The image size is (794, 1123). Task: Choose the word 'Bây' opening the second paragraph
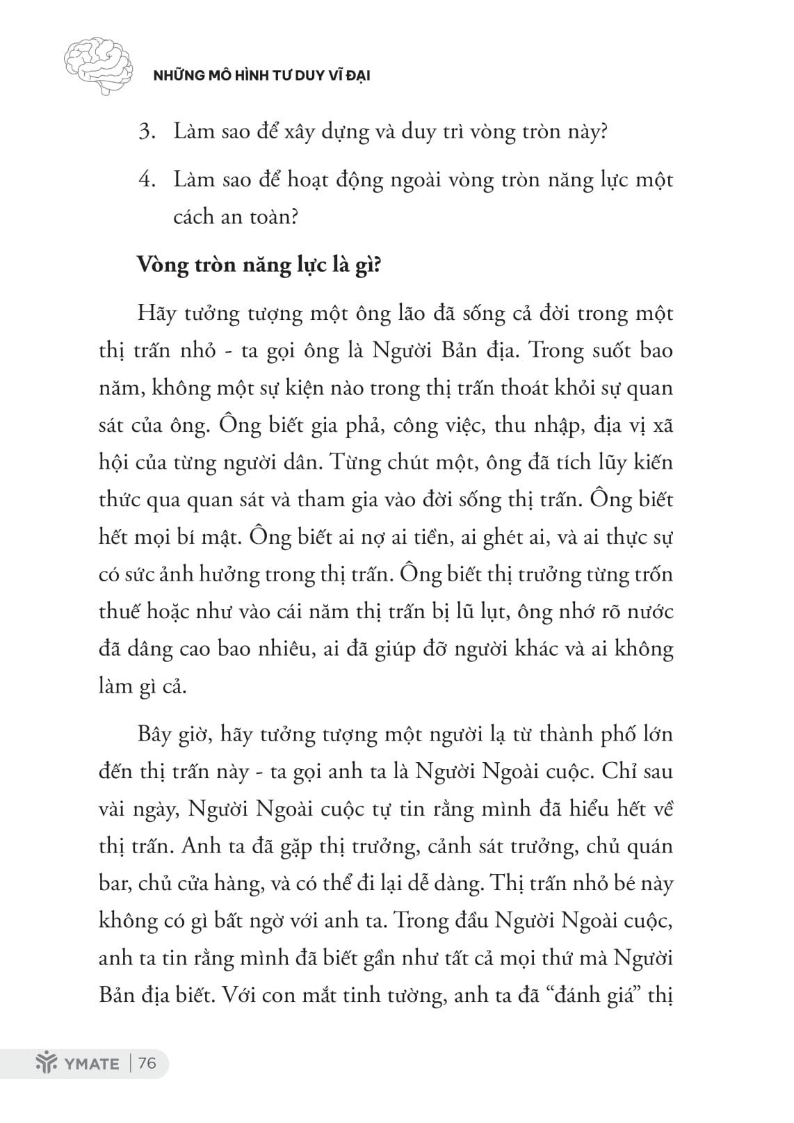pyautogui.click(x=154, y=734)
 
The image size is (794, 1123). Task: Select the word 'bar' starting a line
pyautogui.click(x=113, y=884)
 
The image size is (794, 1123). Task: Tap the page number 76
pyautogui.click(x=147, y=1063)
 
